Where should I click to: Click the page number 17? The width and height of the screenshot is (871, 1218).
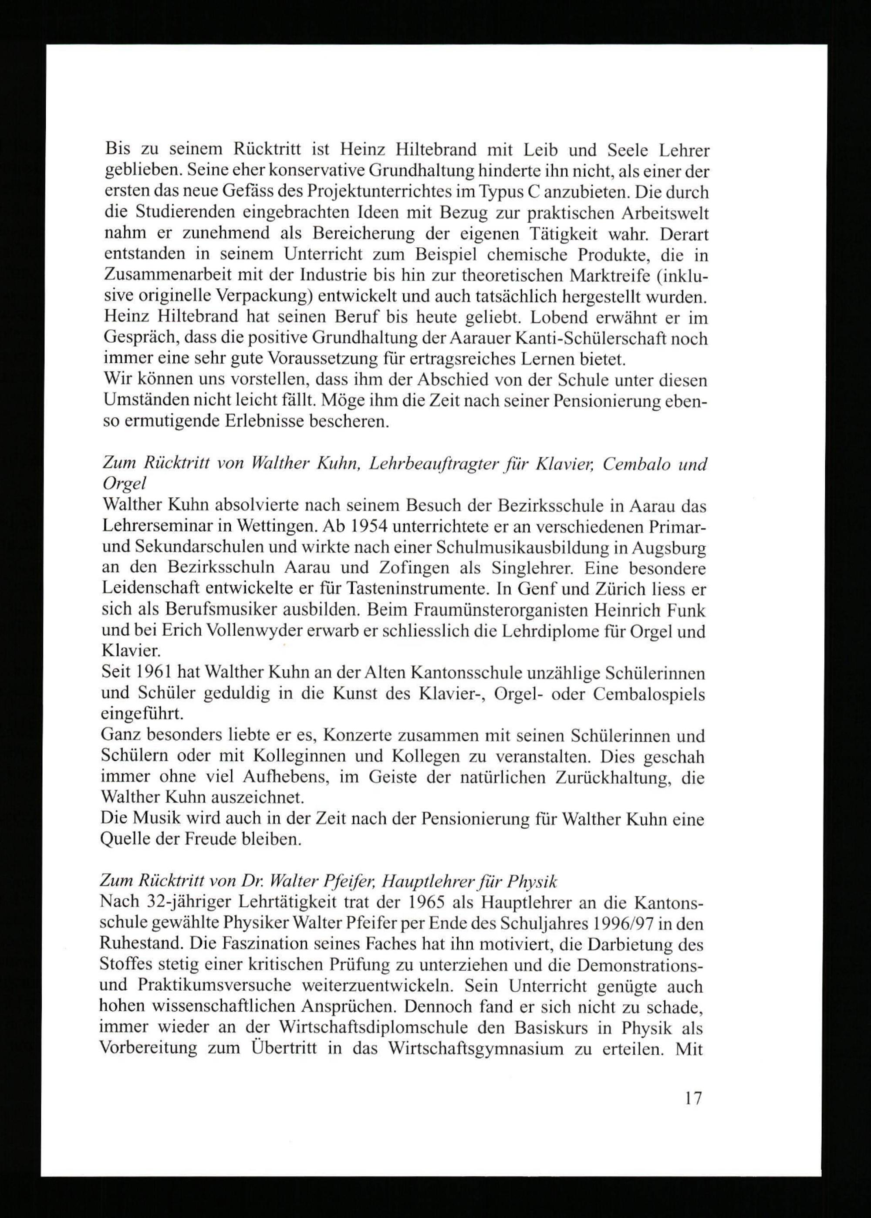pos(692,1109)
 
